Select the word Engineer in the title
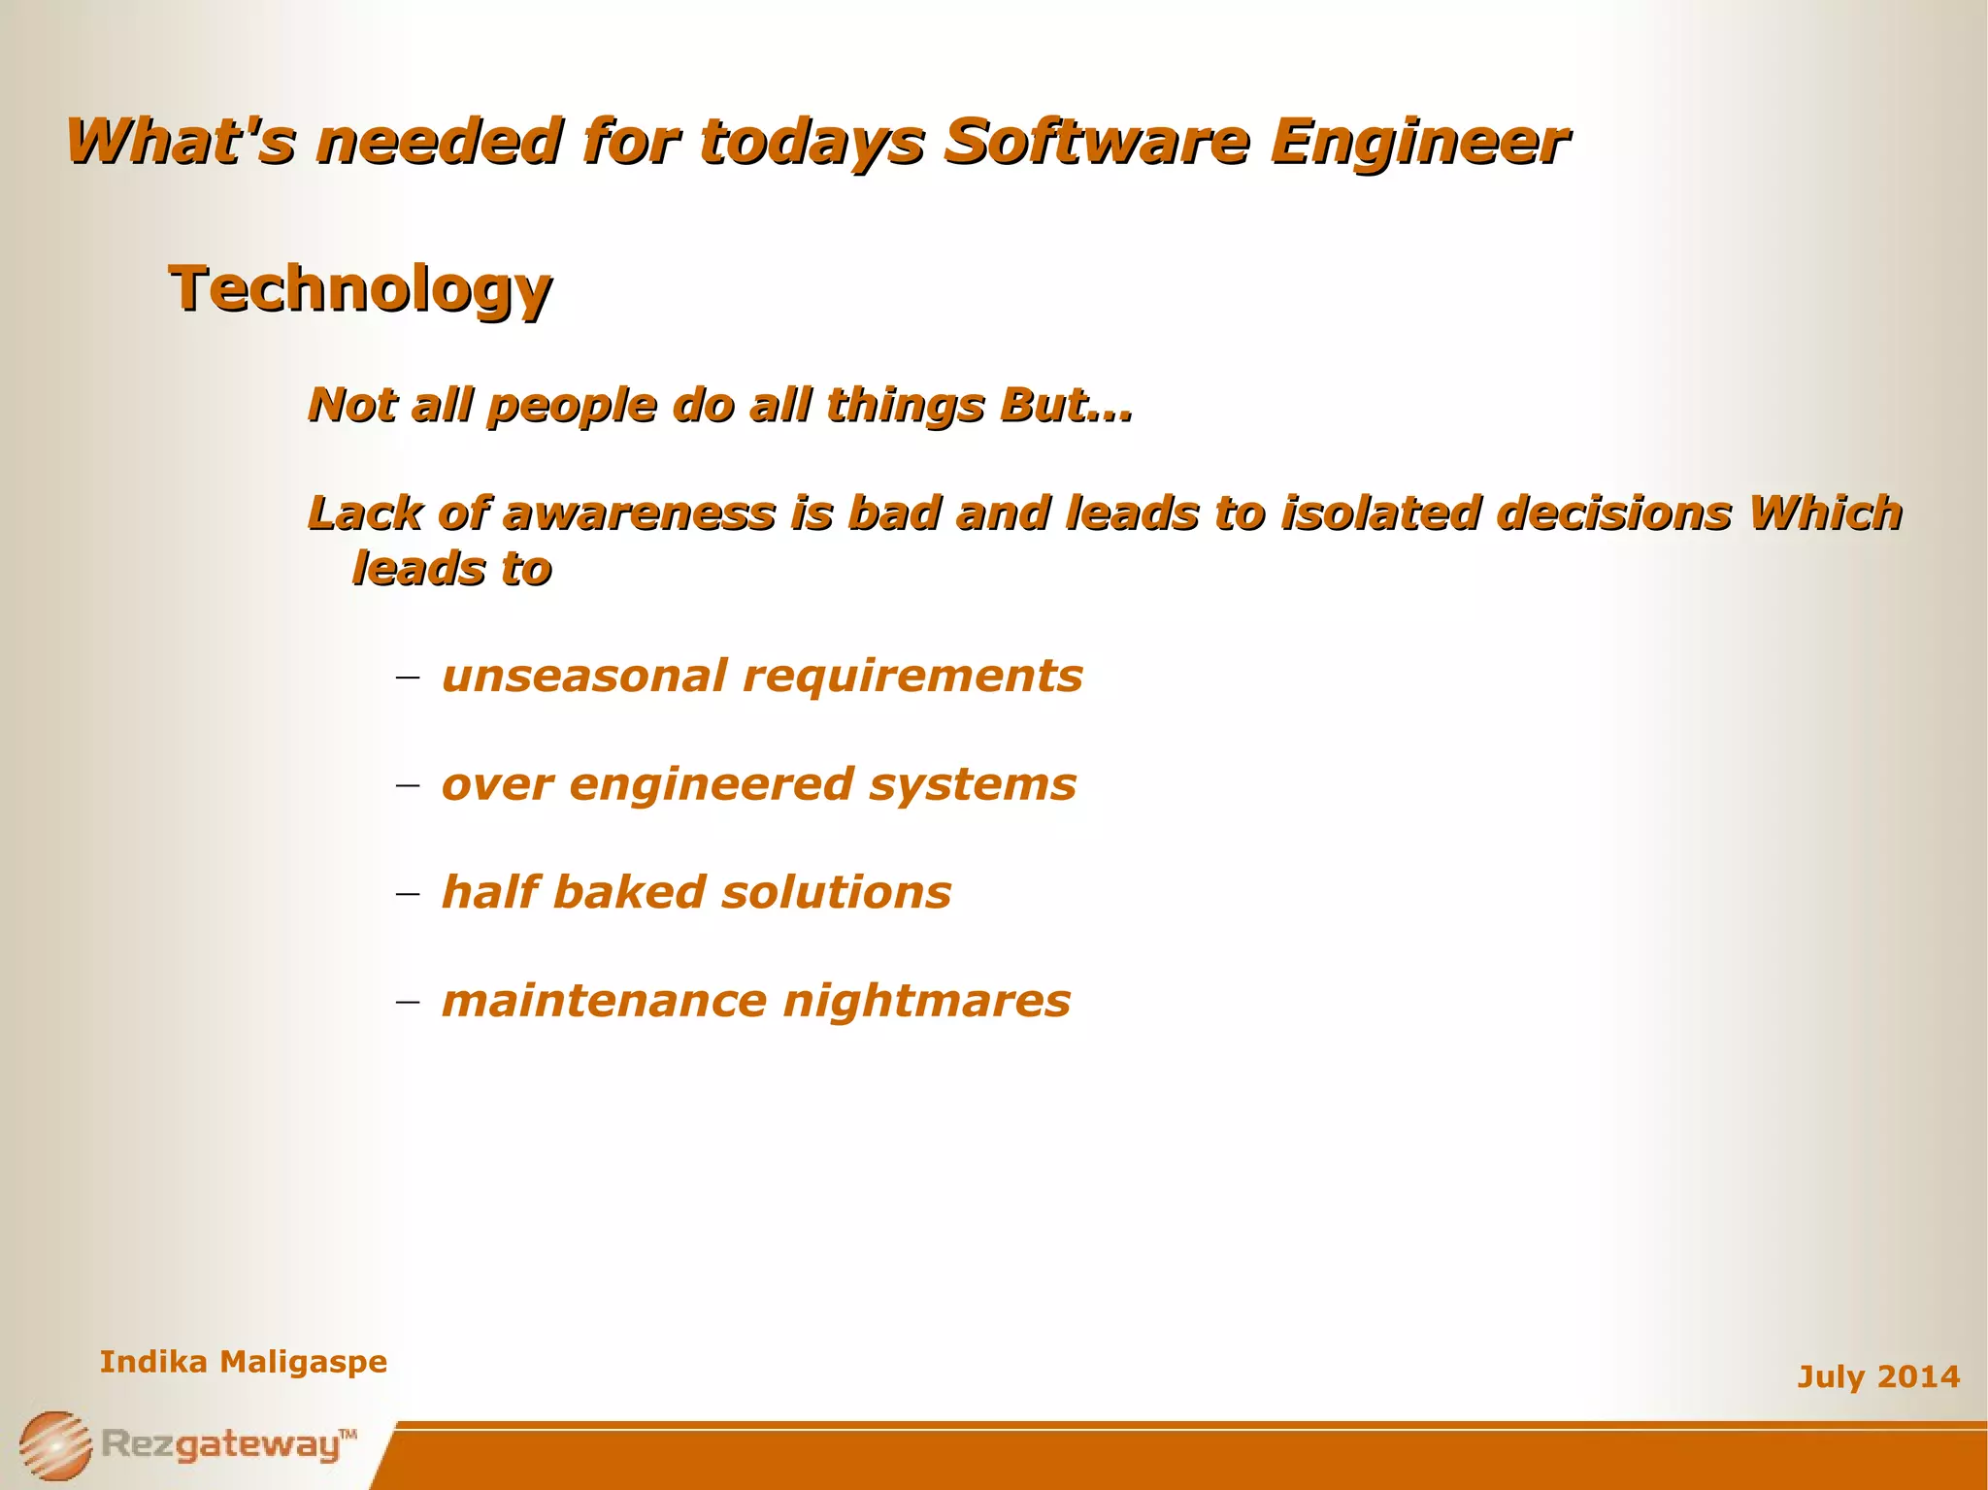pyautogui.click(x=1419, y=144)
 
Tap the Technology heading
pyautogui.click(x=360, y=289)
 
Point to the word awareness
pyautogui.click(x=639, y=513)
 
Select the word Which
pyautogui.click(x=1824, y=513)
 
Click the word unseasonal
pyautogui.click(x=583, y=676)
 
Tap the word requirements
pyautogui.click(x=912, y=678)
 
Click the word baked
pyautogui.click(x=629, y=892)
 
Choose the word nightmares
pyautogui.click(x=927, y=1001)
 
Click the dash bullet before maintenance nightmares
pyautogui.click(x=408, y=1001)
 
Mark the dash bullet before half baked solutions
pyautogui.click(x=408, y=893)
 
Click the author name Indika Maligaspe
pyautogui.click(x=243, y=1362)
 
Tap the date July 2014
pyautogui.click(x=1877, y=1376)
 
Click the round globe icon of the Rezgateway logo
pyautogui.click(x=55, y=1444)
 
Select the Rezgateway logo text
pyautogui.click(x=223, y=1444)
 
